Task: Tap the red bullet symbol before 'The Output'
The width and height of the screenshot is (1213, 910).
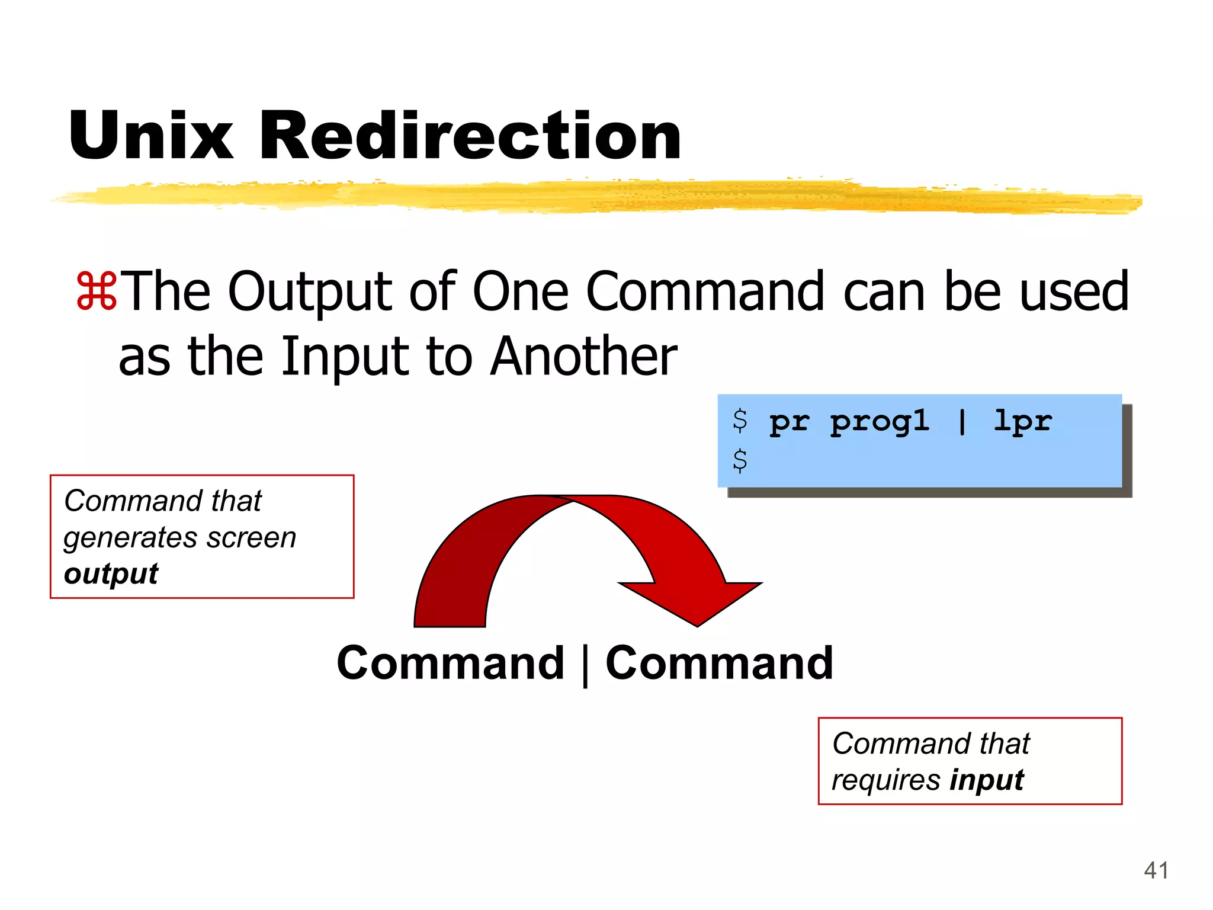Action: [96, 291]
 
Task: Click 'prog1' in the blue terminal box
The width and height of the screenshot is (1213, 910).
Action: [879, 422]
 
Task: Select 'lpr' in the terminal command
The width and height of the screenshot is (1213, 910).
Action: [1022, 421]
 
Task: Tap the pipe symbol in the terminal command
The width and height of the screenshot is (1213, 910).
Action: [962, 422]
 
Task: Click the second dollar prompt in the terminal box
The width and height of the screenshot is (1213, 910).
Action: [740, 460]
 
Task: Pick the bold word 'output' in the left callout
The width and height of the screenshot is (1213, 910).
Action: [111, 573]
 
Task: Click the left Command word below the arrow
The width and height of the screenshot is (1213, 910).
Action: [450, 663]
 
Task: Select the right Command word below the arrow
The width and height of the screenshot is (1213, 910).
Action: [719, 663]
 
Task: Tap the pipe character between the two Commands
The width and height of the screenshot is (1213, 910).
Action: [585, 665]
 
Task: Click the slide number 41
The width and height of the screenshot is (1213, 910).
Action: [1156, 870]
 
